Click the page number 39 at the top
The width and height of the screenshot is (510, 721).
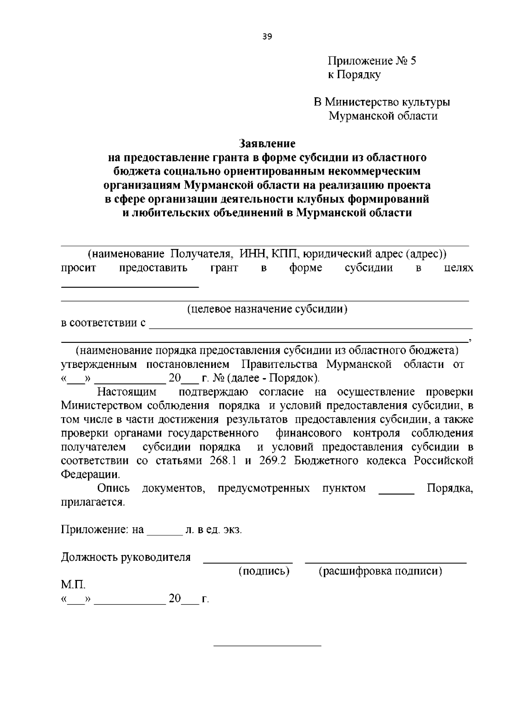point(267,37)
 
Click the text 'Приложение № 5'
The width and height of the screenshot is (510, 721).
point(371,61)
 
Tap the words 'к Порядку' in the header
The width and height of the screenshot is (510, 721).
point(354,75)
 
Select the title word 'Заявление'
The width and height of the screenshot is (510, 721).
point(267,143)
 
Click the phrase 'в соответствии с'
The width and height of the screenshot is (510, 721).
point(103,323)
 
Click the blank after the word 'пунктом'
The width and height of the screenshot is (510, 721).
point(396,492)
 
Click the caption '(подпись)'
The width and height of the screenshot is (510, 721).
point(264,571)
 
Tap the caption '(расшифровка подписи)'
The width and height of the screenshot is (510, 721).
point(380,571)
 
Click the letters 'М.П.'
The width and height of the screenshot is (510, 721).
point(73,585)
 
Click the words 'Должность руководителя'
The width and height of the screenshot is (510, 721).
point(126,557)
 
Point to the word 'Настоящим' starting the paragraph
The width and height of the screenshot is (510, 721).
point(127,392)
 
